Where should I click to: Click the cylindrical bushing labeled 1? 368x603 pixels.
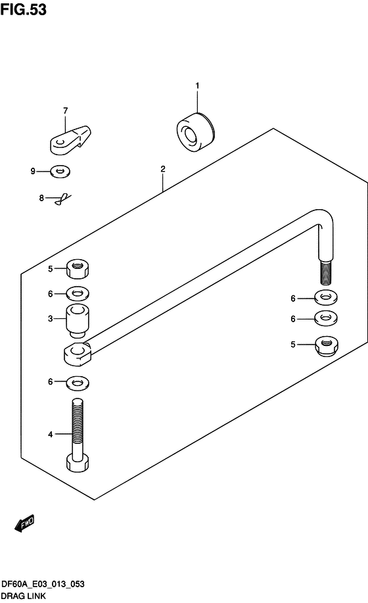[195, 132]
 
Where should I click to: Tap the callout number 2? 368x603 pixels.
[163, 169]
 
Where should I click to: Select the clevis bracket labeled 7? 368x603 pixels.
[70, 140]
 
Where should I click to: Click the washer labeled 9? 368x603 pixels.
[60, 171]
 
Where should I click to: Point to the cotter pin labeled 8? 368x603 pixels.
[63, 199]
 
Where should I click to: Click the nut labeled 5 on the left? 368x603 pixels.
[77, 268]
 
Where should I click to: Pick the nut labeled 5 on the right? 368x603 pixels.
[327, 346]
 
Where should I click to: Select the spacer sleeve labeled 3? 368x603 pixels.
[78, 321]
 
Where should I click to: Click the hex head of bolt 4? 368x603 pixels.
[77, 462]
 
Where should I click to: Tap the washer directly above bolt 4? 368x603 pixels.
[78, 383]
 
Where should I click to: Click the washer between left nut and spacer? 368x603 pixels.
[78, 294]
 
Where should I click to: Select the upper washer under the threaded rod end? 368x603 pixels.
[326, 297]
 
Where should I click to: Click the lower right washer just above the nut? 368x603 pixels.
[326, 318]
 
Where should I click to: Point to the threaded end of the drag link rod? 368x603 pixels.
[326, 273]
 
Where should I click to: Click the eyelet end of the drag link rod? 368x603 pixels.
[77, 354]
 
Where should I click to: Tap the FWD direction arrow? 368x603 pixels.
[24, 523]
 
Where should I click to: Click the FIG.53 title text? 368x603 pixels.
[24, 10]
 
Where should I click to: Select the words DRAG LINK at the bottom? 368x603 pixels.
[24, 596]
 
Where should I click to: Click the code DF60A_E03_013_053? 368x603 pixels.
[43, 584]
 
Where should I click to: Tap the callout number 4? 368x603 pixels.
[51, 434]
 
